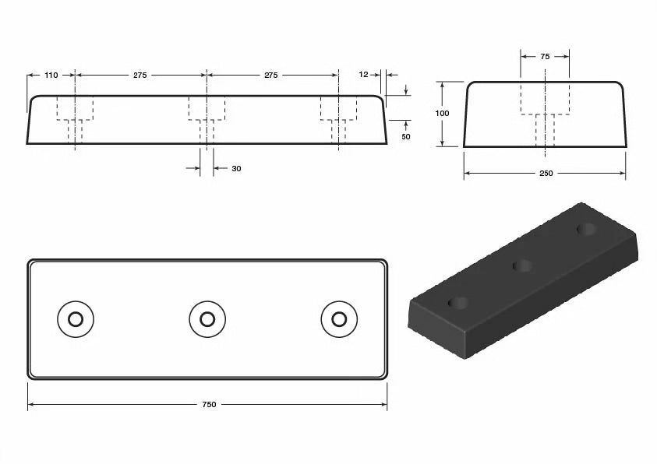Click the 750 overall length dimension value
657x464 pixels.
[x=209, y=405]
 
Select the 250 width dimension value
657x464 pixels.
[x=546, y=174]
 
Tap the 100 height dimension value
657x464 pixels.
[x=442, y=114]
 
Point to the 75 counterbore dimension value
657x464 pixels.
[x=545, y=57]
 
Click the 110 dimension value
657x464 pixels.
[x=51, y=76]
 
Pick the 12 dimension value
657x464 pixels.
[x=364, y=75]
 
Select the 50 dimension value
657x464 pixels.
[x=405, y=137]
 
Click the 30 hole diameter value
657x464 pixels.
[x=236, y=168]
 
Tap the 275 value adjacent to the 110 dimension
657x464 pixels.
[x=140, y=76]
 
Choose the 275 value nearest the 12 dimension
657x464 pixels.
[x=271, y=76]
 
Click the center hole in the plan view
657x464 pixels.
[x=207, y=319]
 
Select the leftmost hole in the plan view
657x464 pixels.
[x=76, y=319]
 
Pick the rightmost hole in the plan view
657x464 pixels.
[x=339, y=319]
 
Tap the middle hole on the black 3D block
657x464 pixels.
[x=523, y=267]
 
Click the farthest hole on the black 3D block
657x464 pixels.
[x=586, y=229]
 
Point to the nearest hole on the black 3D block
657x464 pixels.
[x=458, y=302]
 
